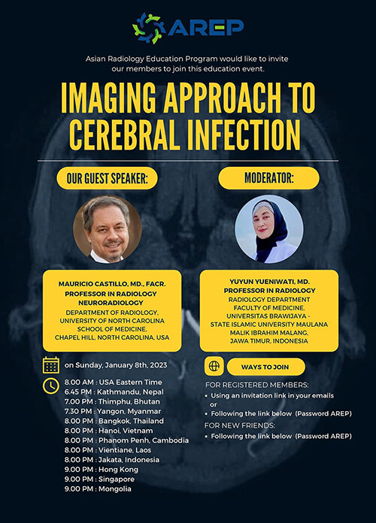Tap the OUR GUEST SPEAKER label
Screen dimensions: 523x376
pos(107,178)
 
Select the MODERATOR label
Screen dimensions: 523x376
pos(268,178)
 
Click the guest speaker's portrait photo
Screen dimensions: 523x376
pos(107,229)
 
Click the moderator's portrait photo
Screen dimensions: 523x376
pos(268,229)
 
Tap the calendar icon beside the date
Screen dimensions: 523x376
pos(51,365)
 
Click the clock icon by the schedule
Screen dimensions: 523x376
pos(51,385)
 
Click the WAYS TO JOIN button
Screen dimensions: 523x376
pos(265,367)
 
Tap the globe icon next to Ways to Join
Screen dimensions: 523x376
pos(214,367)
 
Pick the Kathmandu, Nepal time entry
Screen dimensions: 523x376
pos(114,391)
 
